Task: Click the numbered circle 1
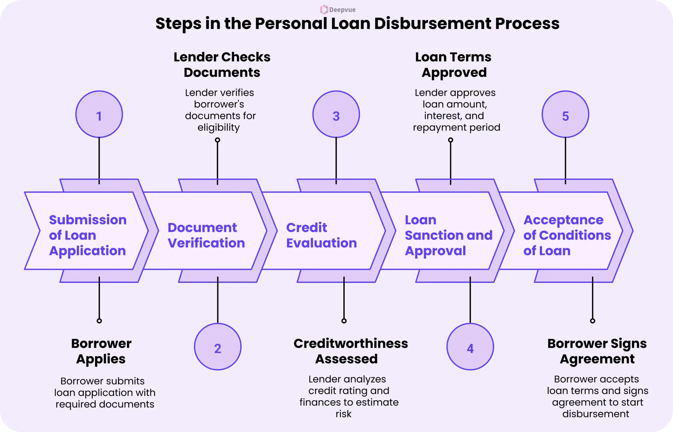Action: point(99,114)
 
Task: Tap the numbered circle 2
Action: point(218,347)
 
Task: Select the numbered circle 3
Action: point(336,114)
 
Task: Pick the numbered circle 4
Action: point(470,347)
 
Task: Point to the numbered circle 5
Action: point(565,114)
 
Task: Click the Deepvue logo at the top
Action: point(338,10)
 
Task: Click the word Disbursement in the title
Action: point(432,24)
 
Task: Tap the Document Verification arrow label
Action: point(206,235)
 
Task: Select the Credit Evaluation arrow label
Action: point(321,235)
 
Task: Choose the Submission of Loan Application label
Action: point(88,235)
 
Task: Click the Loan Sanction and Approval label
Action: point(448,235)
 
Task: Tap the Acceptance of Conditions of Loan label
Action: point(567,235)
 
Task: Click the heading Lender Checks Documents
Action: point(222,65)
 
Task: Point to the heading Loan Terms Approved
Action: point(453,65)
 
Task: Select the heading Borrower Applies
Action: point(101,351)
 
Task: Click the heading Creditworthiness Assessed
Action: point(350,351)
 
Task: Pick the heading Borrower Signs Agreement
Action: point(597,351)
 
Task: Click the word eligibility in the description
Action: point(218,127)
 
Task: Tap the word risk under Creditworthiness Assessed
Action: point(343,414)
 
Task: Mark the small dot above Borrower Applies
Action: point(99,321)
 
